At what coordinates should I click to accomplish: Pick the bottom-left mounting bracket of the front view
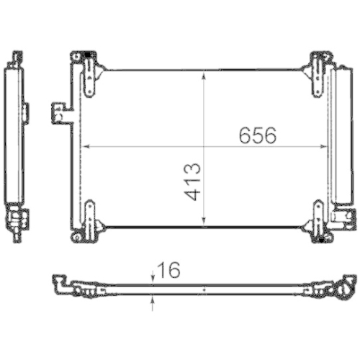pos(89,220)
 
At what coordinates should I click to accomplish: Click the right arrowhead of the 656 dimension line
pos(325,146)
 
